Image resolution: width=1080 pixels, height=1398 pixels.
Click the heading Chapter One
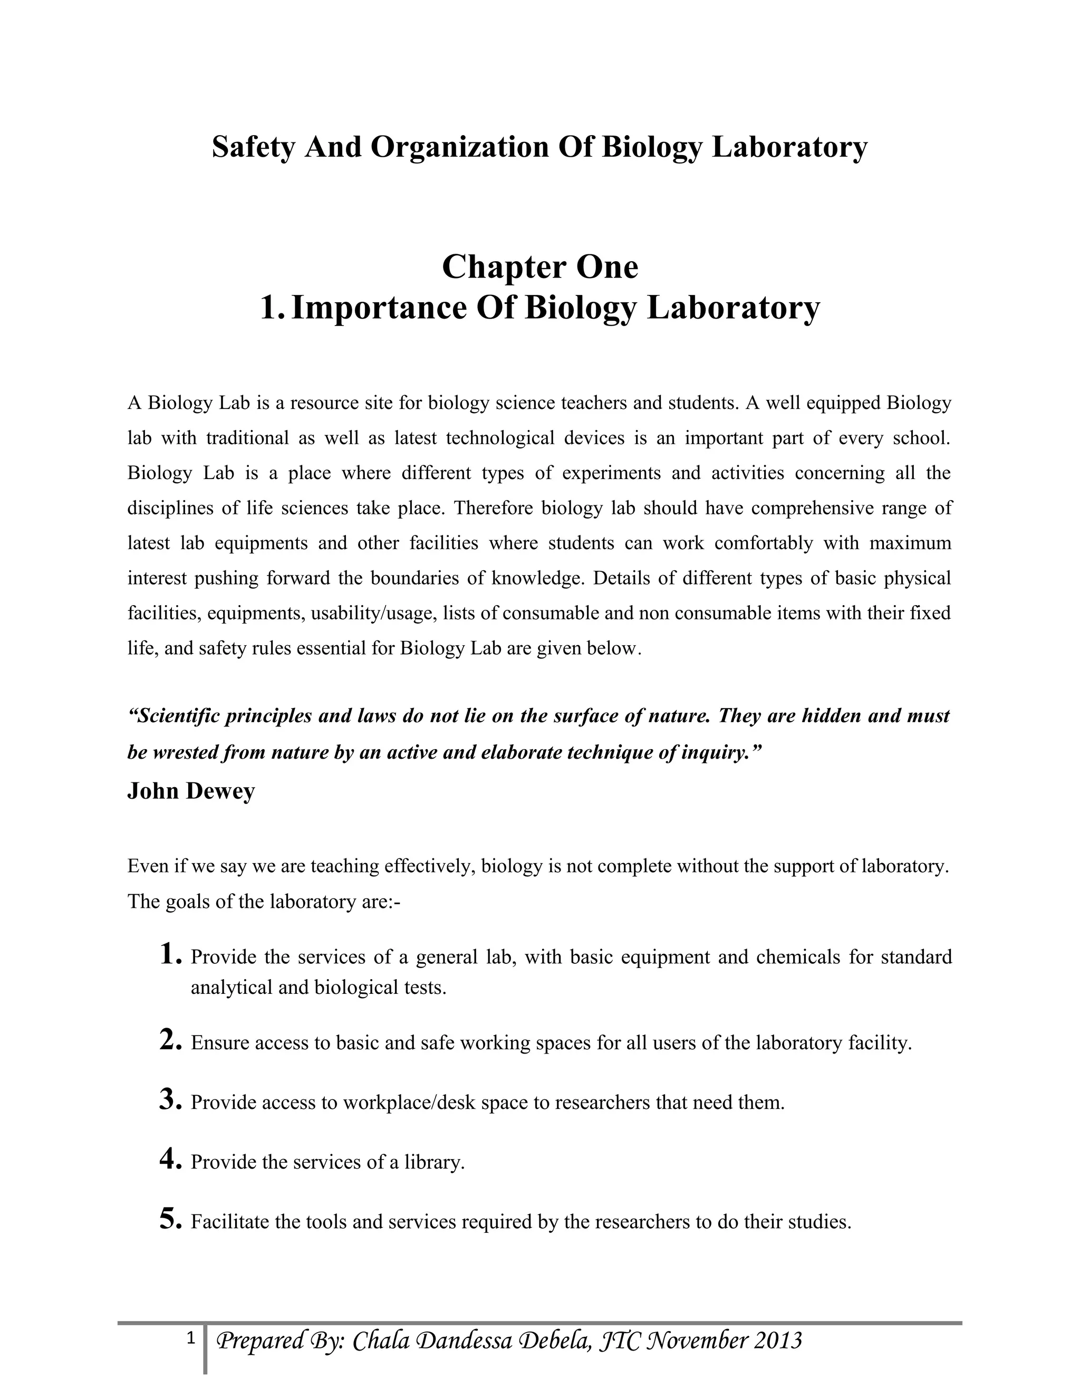[x=539, y=267]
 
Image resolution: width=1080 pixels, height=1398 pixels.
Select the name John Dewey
[x=191, y=791]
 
